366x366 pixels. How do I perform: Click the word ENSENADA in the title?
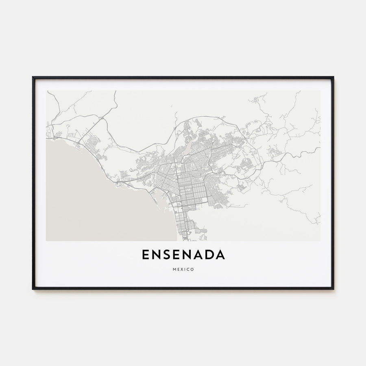tap(183, 255)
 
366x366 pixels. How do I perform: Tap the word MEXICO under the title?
tap(183, 269)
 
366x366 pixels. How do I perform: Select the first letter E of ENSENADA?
tap(146, 255)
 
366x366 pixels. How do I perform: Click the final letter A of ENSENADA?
tap(220, 255)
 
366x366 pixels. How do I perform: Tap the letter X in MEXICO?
tap(181, 269)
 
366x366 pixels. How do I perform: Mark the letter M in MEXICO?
tap(174, 269)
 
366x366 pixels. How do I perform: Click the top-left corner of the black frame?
tap(33, 77)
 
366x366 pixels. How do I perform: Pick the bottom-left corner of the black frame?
tap(33, 289)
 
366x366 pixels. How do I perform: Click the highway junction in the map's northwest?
tap(101, 118)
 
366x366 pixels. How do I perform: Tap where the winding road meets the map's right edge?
tap(319, 148)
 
